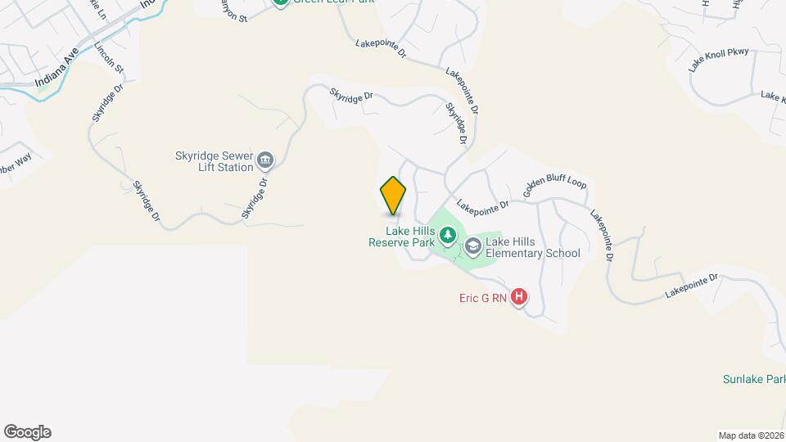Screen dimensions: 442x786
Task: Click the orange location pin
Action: click(x=394, y=196)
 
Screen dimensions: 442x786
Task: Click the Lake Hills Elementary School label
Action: click(x=532, y=246)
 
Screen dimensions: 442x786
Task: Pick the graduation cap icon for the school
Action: click(x=473, y=246)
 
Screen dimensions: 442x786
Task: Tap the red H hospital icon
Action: click(x=518, y=298)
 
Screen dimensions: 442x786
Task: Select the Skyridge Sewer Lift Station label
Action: click(x=213, y=160)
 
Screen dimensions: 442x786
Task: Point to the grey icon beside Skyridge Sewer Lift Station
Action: click(x=265, y=159)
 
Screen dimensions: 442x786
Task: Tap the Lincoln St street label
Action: click(x=108, y=57)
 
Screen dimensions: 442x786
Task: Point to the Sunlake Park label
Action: click(x=753, y=380)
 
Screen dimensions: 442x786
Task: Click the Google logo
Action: click(x=27, y=432)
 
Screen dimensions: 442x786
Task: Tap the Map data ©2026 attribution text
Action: click(x=751, y=435)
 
